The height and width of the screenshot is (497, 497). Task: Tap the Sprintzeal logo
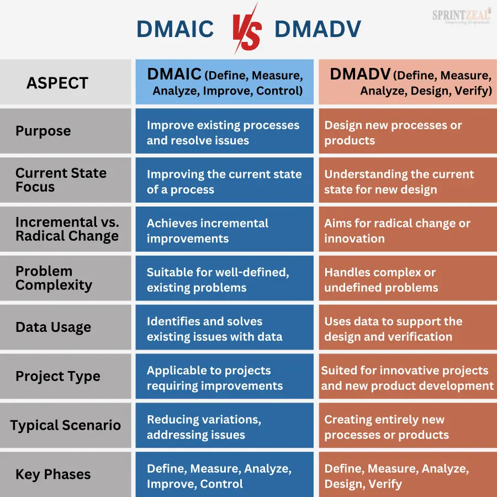click(x=462, y=17)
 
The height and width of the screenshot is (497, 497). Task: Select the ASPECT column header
click(x=57, y=83)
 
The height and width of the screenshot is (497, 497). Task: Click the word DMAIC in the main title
click(x=175, y=29)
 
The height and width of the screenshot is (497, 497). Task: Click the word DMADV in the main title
click(x=318, y=29)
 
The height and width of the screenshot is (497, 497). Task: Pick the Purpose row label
click(x=43, y=131)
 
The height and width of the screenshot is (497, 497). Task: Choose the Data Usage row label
click(x=53, y=327)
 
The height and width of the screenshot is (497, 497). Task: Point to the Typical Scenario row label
click(x=66, y=425)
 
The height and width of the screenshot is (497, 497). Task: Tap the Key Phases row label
click(x=53, y=474)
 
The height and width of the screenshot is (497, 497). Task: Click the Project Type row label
click(x=58, y=376)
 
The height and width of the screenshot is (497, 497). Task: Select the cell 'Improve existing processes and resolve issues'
click(x=224, y=131)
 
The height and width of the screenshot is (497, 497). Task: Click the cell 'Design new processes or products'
click(x=408, y=131)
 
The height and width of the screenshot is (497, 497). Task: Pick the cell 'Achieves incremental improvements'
click(x=224, y=229)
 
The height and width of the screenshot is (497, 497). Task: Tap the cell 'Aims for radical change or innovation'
click(x=408, y=229)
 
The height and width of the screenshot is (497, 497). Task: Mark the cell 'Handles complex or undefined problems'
click(x=408, y=278)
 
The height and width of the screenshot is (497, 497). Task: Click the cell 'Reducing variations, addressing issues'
click(x=224, y=425)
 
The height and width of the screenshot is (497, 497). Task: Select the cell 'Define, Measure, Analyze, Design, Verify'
click(x=408, y=474)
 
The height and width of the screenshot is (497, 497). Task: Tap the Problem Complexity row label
click(x=54, y=278)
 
